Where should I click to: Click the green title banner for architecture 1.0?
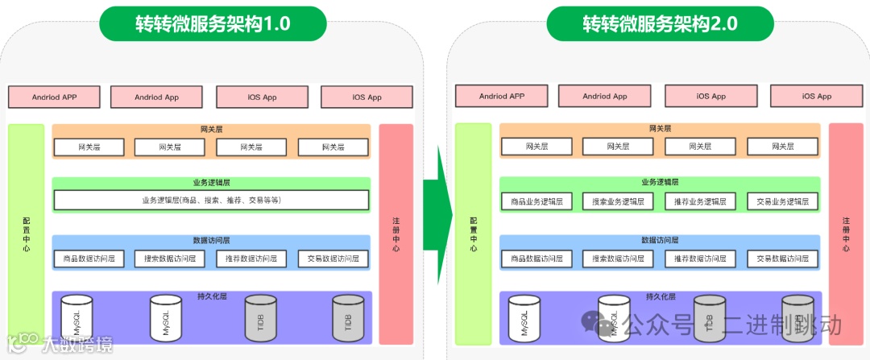point(213,23)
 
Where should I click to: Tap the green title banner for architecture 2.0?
point(660,23)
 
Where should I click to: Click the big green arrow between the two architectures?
point(437,214)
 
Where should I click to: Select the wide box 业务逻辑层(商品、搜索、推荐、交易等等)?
point(211,200)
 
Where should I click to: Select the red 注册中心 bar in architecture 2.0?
point(845,233)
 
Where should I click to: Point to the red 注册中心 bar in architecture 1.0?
point(396,233)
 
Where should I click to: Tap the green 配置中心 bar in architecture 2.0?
point(474,233)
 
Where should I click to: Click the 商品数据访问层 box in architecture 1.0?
point(89,259)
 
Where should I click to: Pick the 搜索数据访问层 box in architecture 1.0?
point(170,259)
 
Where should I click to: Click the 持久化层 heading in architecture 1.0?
point(211,296)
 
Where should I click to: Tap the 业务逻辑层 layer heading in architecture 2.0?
point(660,182)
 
